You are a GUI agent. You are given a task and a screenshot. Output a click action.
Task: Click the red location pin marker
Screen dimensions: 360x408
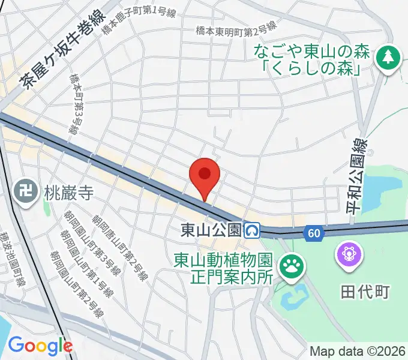(x=205, y=175)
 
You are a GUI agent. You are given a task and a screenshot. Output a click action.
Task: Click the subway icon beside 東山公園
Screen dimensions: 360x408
(x=252, y=230)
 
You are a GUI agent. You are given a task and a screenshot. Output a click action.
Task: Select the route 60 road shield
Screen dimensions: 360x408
(x=311, y=233)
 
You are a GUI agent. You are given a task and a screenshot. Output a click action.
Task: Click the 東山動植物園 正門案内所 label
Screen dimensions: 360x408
(x=224, y=269)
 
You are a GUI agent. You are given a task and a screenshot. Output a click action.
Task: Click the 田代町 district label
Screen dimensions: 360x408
(x=365, y=292)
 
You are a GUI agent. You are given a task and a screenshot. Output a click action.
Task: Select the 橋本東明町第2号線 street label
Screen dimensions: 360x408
(x=236, y=29)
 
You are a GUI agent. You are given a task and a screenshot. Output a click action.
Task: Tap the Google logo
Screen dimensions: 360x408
(x=40, y=345)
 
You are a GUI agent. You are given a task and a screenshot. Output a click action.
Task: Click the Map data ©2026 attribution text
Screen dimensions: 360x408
(x=358, y=351)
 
